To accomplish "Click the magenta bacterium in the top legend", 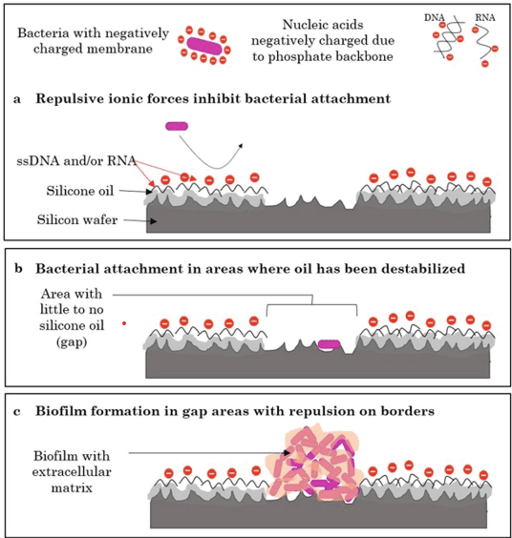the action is point(204,46).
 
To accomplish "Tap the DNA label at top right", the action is point(435,17).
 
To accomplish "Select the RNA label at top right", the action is point(485,17).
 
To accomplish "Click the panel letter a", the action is point(17,99).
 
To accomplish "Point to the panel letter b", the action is point(18,268).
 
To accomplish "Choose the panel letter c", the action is point(17,411).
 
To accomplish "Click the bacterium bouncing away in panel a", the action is point(177,126).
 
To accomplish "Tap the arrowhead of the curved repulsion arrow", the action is point(241,146).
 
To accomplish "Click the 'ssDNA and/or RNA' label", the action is point(76,160).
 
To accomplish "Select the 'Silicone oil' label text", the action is point(79,191).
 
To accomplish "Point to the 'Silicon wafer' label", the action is point(77,219).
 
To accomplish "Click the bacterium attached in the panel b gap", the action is point(330,344).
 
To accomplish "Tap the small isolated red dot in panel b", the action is point(124,323).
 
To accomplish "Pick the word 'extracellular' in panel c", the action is point(72,472).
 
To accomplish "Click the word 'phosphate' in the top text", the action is point(296,56).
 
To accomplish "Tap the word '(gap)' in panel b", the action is point(72,342).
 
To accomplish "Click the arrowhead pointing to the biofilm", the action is point(287,453).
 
